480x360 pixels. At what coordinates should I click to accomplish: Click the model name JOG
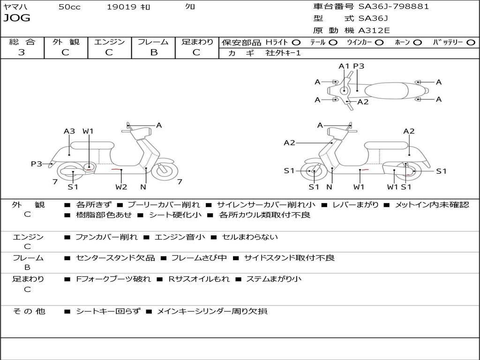[17, 18]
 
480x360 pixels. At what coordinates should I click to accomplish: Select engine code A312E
[374, 30]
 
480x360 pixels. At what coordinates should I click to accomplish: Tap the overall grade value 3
[22, 52]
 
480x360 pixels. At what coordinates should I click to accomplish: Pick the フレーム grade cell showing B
[153, 52]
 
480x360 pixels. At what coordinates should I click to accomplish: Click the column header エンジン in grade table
[109, 42]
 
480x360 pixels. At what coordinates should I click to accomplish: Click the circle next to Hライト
[296, 43]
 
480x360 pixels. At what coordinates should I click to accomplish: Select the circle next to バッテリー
[471, 43]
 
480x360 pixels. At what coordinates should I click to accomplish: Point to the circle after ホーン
[417, 43]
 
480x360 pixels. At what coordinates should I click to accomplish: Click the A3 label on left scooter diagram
[69, 131]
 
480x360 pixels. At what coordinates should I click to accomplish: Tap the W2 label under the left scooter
[121, 187]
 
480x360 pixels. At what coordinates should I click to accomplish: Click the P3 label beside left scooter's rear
[37, 164]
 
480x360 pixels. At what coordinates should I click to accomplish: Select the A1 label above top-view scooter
[345, 66]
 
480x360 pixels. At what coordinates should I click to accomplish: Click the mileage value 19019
[121, 7]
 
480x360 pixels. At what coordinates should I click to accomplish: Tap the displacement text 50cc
[69, 7]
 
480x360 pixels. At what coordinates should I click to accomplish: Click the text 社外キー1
[283, 53]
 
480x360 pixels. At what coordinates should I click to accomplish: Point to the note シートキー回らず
[108, 311]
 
